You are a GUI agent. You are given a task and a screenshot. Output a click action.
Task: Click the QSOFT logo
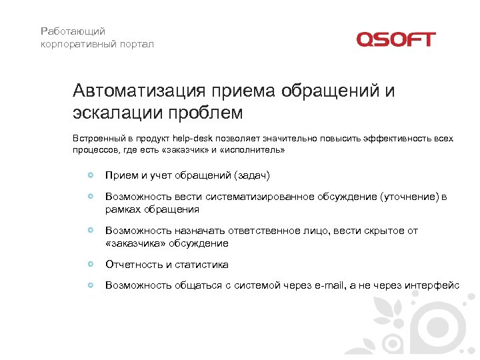[x=395, y=39]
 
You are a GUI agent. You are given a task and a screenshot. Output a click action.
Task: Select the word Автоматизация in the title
[x=140, y=91]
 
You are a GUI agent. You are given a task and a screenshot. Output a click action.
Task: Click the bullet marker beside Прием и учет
[x=91, y=175]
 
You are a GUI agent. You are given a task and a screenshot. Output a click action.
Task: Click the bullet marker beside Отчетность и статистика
[x=91, y=265]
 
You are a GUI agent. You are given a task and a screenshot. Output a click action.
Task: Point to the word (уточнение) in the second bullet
[x=409, y=197]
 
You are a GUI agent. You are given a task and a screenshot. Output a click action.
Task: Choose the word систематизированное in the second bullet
[x=261, y=197]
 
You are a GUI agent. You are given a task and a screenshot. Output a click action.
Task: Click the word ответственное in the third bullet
[x=273, y=231]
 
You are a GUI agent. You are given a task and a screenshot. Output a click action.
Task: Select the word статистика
[x=202, y=265]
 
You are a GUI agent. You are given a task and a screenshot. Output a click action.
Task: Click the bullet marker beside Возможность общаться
[x=91, y=285]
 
